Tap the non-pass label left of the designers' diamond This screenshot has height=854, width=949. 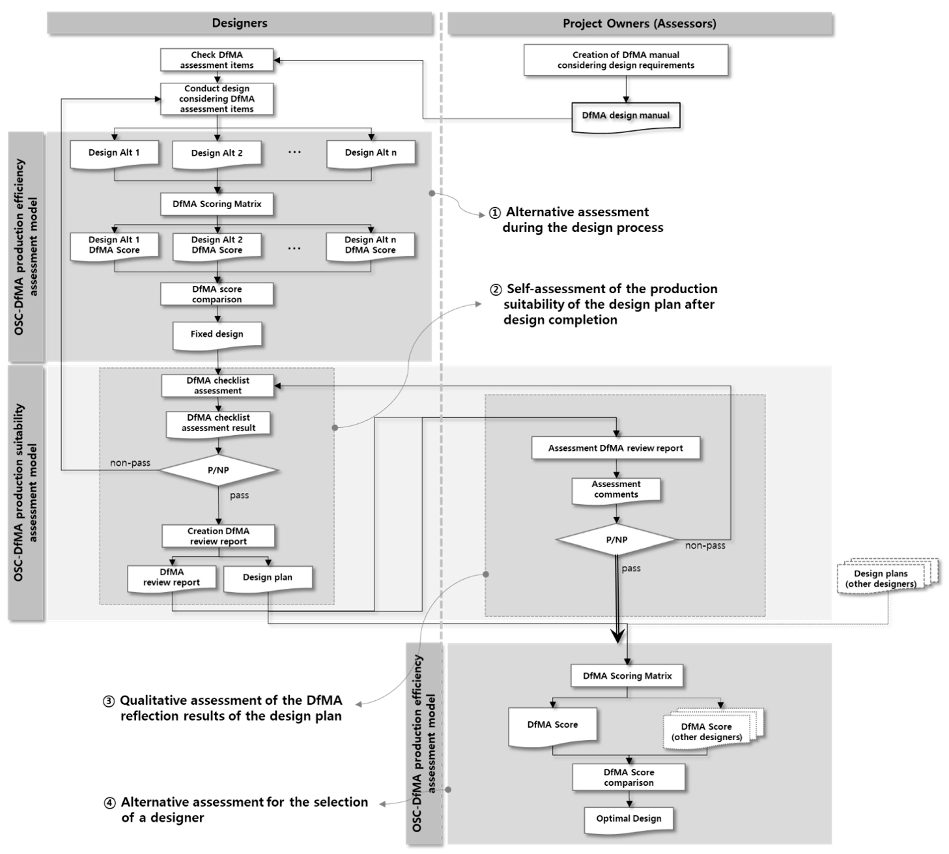pos(130,463)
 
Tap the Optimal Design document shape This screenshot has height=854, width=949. pos(629,818)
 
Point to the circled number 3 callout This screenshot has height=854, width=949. pos(108,701)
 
